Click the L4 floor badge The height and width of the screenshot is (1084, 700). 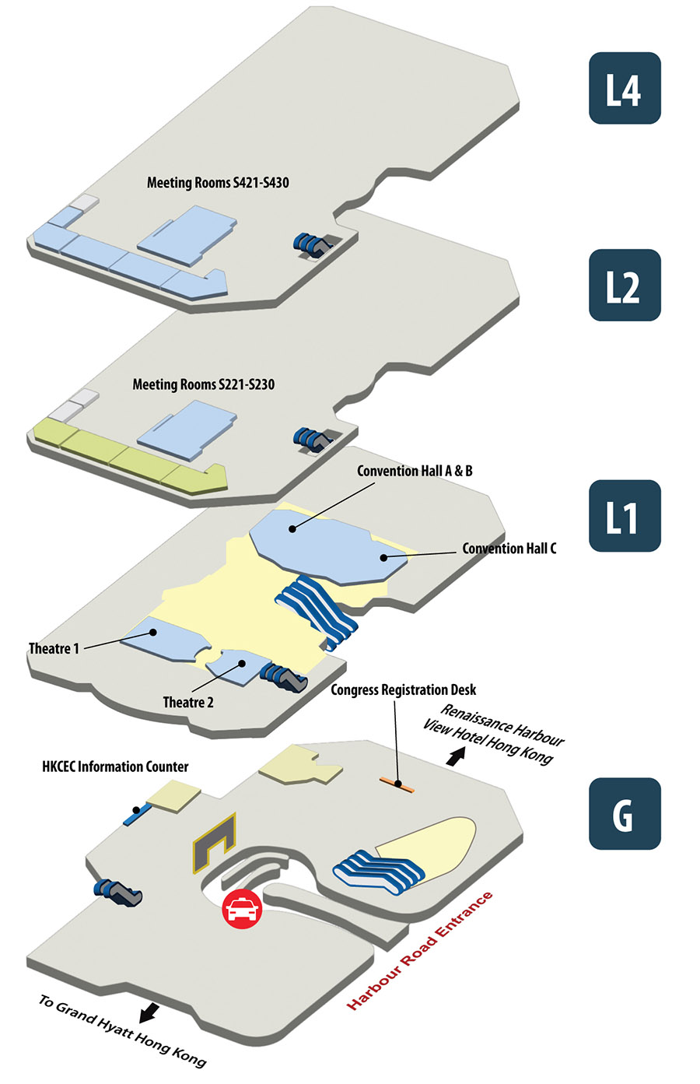625,89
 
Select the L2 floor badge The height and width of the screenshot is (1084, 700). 625,286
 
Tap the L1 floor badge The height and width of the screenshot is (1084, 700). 625,516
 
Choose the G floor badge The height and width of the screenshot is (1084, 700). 625,814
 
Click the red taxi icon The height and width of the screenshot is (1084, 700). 243,908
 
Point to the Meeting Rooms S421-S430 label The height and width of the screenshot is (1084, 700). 218,183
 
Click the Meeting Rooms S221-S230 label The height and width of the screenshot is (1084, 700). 203,384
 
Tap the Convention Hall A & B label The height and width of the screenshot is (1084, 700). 415,471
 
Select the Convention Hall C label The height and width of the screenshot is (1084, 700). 509,549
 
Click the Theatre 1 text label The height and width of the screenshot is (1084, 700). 54,648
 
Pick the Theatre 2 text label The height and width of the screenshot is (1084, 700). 188,703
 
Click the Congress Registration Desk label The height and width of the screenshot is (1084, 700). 403,690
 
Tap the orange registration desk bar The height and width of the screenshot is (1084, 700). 397,784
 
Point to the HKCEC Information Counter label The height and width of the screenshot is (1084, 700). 115,767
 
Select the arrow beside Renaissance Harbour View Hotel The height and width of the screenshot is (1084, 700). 457,755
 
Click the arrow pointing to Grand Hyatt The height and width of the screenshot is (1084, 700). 149,1012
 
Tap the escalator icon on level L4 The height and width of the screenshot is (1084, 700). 312,244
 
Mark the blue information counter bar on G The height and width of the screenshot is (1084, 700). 136,815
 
